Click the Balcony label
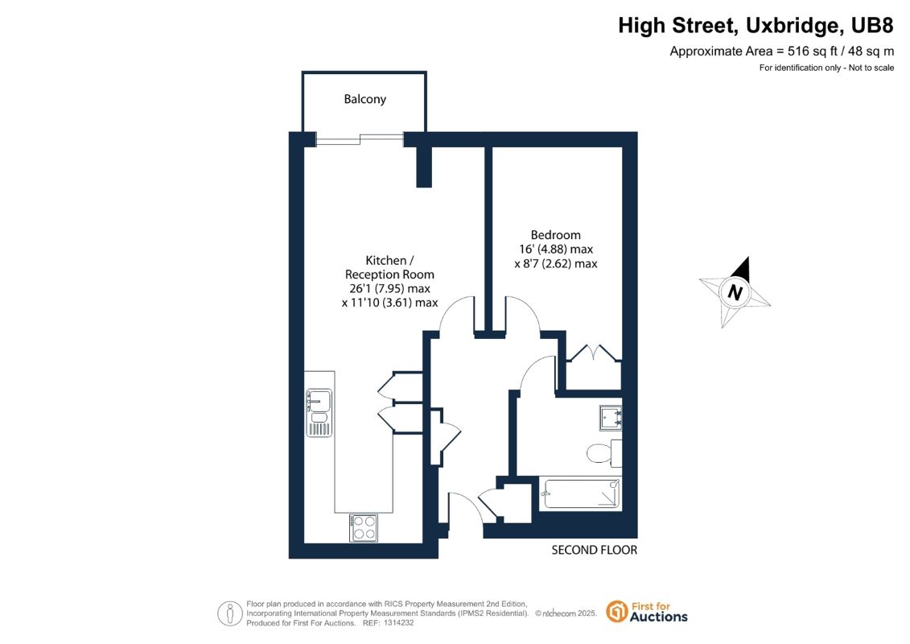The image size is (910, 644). tap(364, 99)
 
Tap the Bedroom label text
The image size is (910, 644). tap(555, 235)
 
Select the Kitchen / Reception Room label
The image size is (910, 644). tap(389, 267)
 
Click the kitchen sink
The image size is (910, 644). tap(319, 412)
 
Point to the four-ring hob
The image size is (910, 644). tap(364, 528)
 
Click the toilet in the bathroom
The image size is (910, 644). tap(603, 453)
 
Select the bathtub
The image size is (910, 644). tap(580, 493)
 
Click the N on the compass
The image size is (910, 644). tap(735, 291)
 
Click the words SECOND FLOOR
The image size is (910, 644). tap(595, 550)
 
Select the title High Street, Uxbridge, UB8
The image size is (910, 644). tap(756, 26)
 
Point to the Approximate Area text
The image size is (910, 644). tap(782, 51)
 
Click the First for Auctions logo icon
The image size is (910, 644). tap(617, 612)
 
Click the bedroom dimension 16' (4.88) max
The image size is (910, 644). tap(556, 249)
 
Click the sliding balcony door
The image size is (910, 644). tap(360, 139)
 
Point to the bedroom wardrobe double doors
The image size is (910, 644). tap(594, 353)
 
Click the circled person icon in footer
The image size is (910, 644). tap(230, 613)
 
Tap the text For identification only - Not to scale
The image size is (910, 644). tap(826, 68)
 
